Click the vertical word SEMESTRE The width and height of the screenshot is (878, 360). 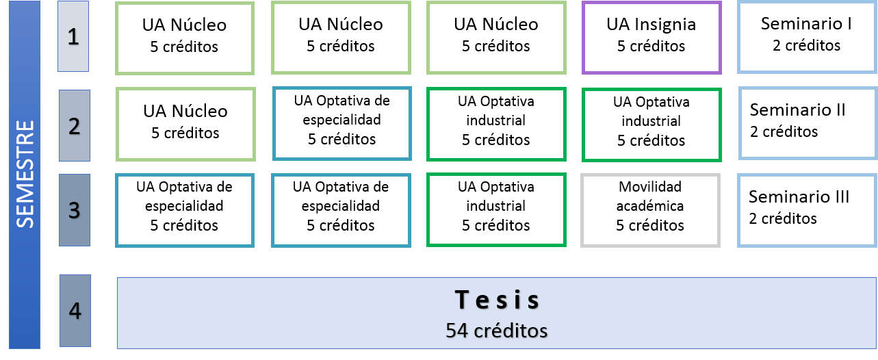(25, 174)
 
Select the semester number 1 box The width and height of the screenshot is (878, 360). (73, 36)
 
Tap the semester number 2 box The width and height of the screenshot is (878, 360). (75, 125)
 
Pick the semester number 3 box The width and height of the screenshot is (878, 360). (75, 210)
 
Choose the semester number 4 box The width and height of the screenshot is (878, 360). (75, 311)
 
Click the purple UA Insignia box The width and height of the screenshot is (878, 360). (651, 38)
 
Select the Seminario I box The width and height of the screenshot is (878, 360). (807, 37)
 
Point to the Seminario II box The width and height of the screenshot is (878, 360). (808, 123)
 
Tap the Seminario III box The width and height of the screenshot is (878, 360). (807, 210)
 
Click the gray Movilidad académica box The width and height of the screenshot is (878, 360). (650, 210)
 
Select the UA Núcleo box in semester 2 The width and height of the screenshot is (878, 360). (185, 124)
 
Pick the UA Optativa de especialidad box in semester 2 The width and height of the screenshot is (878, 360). (341, 123)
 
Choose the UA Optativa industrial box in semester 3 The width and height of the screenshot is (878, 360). (496, 210)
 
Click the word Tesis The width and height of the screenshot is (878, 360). (497, 300)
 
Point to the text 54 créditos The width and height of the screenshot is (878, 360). (496, 331)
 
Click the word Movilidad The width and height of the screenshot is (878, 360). (650, 187)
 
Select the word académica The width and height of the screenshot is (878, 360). (650, 206)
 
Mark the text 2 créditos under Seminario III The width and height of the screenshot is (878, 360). (783, 218)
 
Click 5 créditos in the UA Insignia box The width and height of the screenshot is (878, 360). (651, 47)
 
